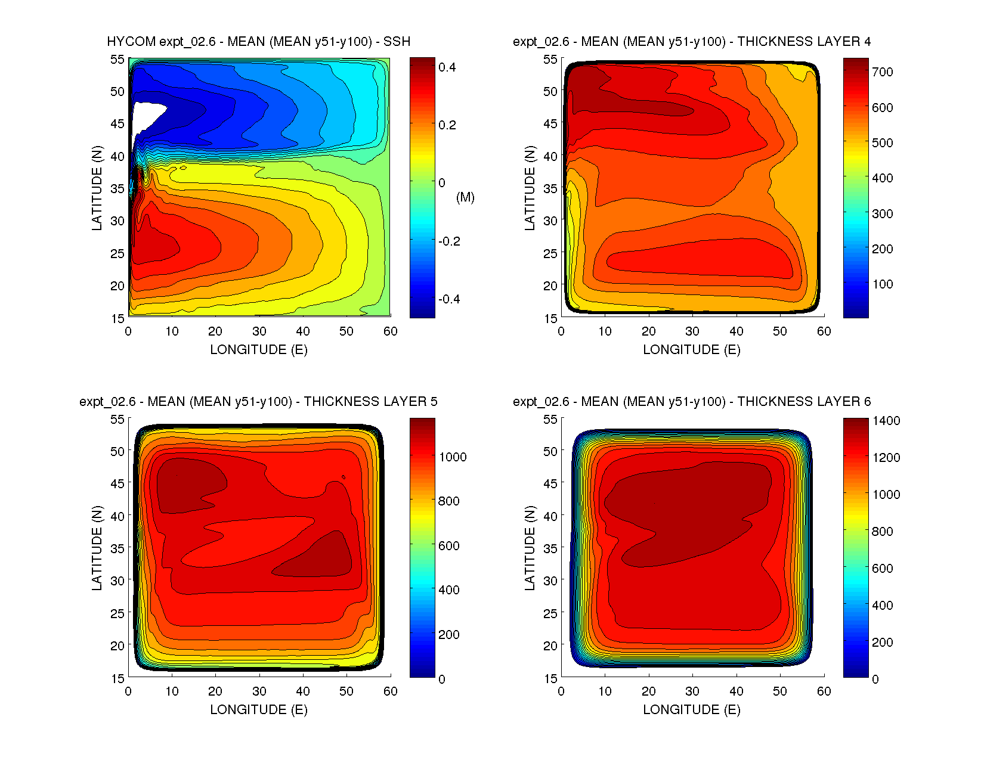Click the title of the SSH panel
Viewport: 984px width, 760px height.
(258, 42)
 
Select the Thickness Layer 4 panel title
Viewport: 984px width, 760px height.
(691, 42)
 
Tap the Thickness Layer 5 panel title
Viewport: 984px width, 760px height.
(258, 402)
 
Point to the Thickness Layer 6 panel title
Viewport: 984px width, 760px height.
(691, 402)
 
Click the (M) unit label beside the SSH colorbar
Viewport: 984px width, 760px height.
(465, 197)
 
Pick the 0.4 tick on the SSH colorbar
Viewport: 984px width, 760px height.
(447, 67)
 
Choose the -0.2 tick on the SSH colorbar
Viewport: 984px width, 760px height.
(448, 241)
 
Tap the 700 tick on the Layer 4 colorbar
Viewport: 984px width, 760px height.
(882, 72)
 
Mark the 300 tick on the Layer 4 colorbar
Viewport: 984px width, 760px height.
(882, 213)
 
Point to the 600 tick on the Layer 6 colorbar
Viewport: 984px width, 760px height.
(882, 569)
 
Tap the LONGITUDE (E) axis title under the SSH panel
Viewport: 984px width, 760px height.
(258, 350)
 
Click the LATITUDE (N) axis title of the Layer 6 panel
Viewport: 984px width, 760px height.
(530, 548)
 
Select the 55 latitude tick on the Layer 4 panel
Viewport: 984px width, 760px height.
(550, 60)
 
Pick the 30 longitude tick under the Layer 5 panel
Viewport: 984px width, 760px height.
(259, 691)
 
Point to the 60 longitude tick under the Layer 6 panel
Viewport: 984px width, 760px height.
(824, 691)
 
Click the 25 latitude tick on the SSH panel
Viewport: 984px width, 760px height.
(117, 253)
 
